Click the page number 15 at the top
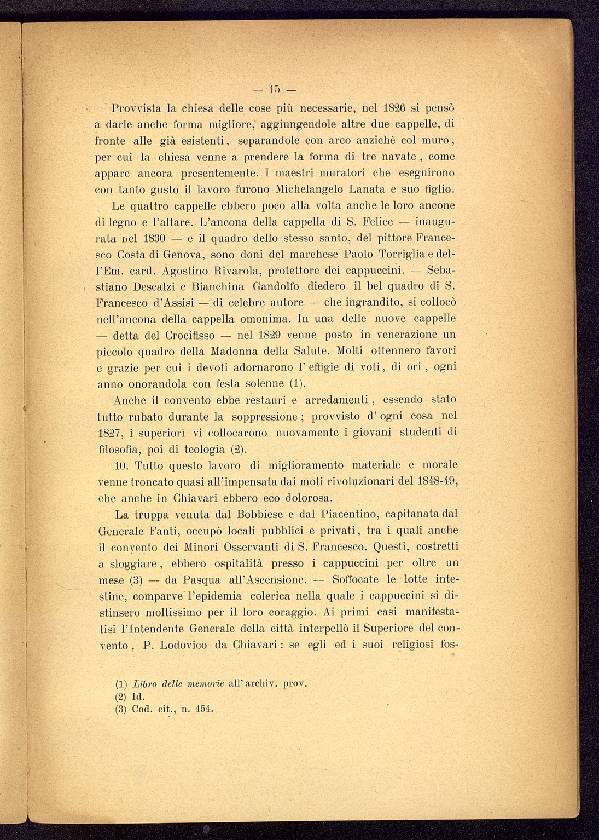275,88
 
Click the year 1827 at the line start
110,433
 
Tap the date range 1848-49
436,482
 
